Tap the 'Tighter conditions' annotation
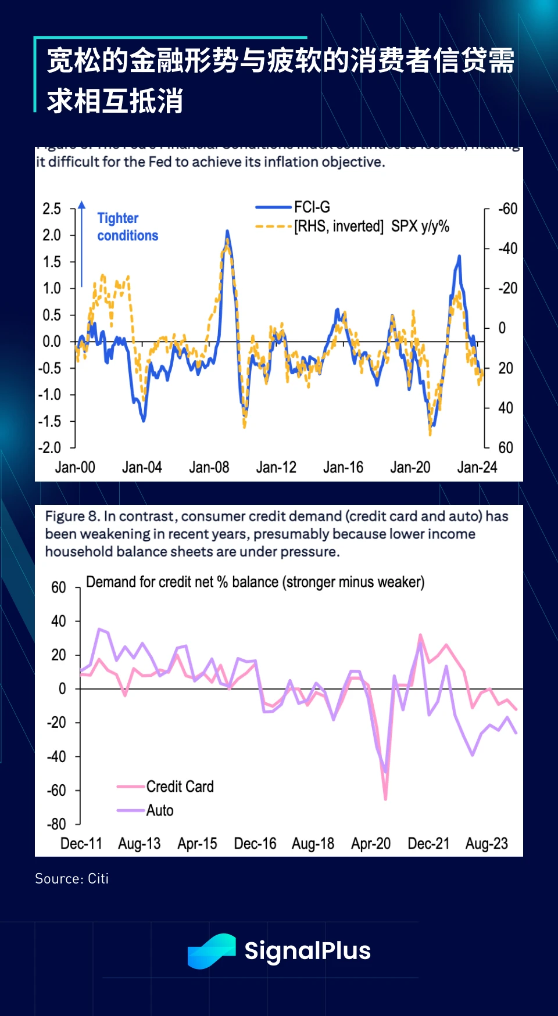point(127,227)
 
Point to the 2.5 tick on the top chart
point(52,209)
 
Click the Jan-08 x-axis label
point(209,467)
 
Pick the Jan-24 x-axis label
point(477,467)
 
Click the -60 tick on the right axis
point(507,209)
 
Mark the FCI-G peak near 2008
point(227,231)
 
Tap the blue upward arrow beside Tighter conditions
point(82,244)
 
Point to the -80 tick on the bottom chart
point(57,824)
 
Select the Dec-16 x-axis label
point(255,843)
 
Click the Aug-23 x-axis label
point(487,843)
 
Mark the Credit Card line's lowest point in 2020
point(385,799)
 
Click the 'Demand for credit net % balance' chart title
point(255,582)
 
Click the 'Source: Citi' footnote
point(72,878)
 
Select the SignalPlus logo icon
point(211,951)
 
